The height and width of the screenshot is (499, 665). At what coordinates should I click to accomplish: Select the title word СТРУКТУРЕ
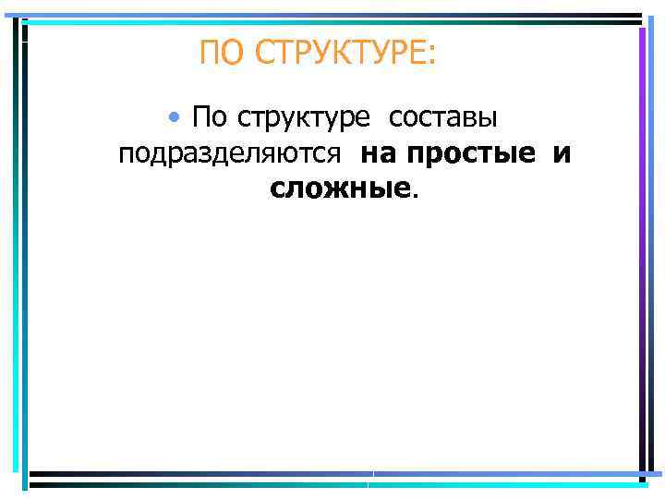[x=338, y=54]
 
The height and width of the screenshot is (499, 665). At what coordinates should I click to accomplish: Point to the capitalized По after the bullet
[x=210, y=118]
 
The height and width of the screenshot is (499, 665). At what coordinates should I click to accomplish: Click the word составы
[x=442, y=118]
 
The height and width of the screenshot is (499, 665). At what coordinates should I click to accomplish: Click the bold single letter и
[x=562, y=153]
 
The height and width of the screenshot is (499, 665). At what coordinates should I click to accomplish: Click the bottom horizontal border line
[x=332, y=478]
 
